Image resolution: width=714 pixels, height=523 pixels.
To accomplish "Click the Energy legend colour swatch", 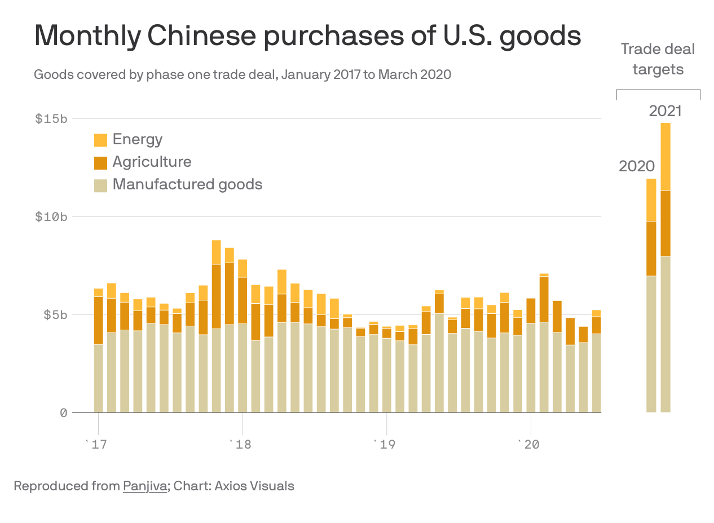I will [x=100, y=140].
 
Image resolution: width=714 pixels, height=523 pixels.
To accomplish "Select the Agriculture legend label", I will [x=152, y=162].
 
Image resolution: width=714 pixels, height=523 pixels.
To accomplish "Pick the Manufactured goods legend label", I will [x=187, y=184].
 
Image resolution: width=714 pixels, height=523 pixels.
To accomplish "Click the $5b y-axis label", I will [x=55, y=314].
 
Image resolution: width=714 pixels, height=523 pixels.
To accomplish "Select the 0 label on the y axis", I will [x=63, y=413].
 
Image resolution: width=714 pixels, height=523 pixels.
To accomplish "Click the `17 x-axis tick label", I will [x=95, y=445].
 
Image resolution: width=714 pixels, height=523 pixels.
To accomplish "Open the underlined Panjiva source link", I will [x=145, y=486].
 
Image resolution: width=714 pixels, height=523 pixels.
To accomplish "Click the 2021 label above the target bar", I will [x=665, y=111].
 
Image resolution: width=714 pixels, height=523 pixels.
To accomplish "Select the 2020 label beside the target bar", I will [x=637, y=166].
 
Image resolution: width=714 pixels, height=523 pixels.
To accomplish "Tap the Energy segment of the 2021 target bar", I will [x=665, y=157].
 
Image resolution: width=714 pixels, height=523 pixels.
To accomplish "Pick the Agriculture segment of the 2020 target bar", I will [x=651, y=249].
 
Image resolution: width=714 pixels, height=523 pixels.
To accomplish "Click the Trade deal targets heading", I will [x=658, y=59].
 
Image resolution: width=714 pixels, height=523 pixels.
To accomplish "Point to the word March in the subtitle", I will [x=398, y=74].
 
